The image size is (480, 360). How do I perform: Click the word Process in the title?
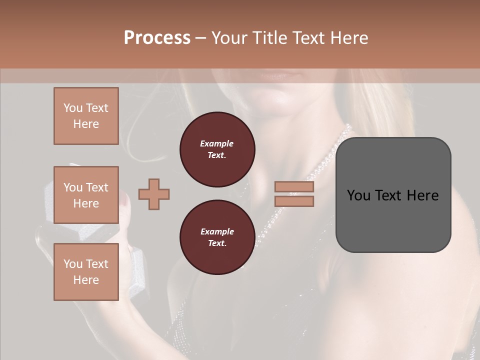[x=157, y=38]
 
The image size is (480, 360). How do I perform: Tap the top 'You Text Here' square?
[x=86, y=116]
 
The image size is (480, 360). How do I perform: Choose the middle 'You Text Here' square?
[x=86, y=195]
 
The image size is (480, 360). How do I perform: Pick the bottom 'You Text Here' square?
[x=86, y=272]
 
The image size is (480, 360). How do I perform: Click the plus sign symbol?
[x=154, y=194]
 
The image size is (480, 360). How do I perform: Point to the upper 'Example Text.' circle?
[x=217, y=149]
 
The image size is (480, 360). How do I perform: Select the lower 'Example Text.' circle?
[x=217, y=237]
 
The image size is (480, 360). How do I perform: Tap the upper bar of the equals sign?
[x=294, y=187]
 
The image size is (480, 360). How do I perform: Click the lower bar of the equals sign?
[x=294, y=201]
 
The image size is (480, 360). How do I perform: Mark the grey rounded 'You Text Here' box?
[x=393, y=195]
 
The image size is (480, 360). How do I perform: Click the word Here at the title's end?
[x=348, y=38]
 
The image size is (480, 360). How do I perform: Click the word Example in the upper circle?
[x=217, y=143]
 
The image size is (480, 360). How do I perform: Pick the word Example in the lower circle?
[x=217, y=231]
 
